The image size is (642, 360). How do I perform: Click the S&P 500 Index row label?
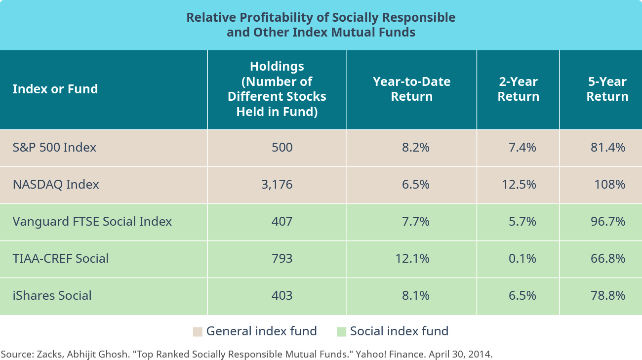point(54,147)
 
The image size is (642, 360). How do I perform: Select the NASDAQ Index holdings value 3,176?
point(277,184)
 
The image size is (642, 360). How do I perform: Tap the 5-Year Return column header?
point(607,89)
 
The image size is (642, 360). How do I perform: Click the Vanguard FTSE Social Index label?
point(92,221)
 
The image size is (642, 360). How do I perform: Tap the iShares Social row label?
point(52,295)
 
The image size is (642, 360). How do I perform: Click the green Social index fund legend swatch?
point(341,331)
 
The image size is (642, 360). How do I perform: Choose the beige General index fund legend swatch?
point(198,331)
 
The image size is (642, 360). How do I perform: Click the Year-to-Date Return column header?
point(411,89)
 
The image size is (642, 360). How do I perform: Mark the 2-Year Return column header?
point(518,89)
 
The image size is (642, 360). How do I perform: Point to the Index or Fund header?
point(55,89)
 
